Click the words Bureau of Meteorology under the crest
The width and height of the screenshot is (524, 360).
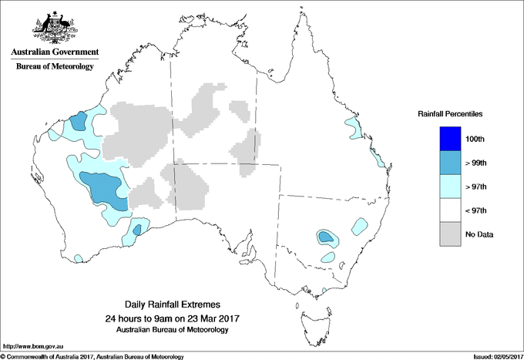(x=54, y=66)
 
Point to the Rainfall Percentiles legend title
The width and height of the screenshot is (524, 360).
(x=450, y=113)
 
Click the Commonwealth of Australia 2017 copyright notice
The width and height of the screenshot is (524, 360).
(x=92, y=356)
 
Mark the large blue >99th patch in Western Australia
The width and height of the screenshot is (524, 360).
(x=104, y=189)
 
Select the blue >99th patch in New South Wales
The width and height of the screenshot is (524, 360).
(x=326, y=237)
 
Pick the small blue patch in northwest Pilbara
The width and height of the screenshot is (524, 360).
(x=78, y=121)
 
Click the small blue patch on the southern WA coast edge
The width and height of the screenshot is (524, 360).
(x=137, y=229)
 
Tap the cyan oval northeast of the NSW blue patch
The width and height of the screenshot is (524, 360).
(x=359, y=227)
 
